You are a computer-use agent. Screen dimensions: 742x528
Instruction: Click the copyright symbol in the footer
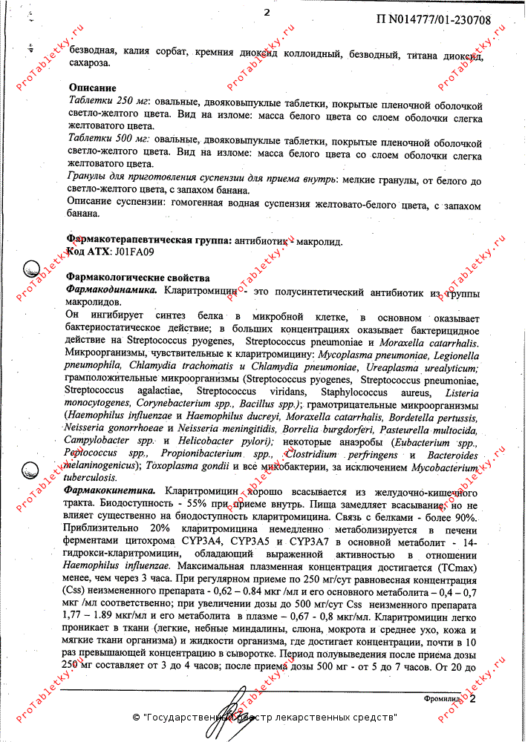point(136,718)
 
